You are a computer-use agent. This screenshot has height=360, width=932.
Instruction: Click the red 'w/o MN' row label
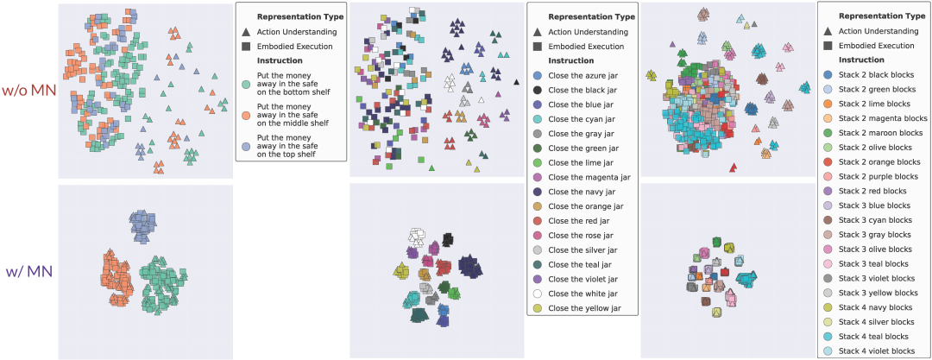pyautogui.click(x=28, y=90)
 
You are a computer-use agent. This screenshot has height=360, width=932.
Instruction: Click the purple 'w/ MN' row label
pyautogui.click(x=29, y=271)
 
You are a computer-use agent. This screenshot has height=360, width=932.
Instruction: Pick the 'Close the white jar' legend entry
pyautogui.click(x=583, y=294)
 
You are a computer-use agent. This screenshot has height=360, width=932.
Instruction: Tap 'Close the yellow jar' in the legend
pyautogui.click(x=585, y=308)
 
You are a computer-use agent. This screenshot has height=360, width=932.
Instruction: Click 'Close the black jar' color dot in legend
pyautogui.click(x=537, y=90)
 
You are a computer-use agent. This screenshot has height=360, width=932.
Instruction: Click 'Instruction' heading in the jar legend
pyautogui.click(x=570, y=60)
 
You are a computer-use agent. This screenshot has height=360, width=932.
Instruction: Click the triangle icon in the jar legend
pyautogui.click(x=538, y=31)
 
